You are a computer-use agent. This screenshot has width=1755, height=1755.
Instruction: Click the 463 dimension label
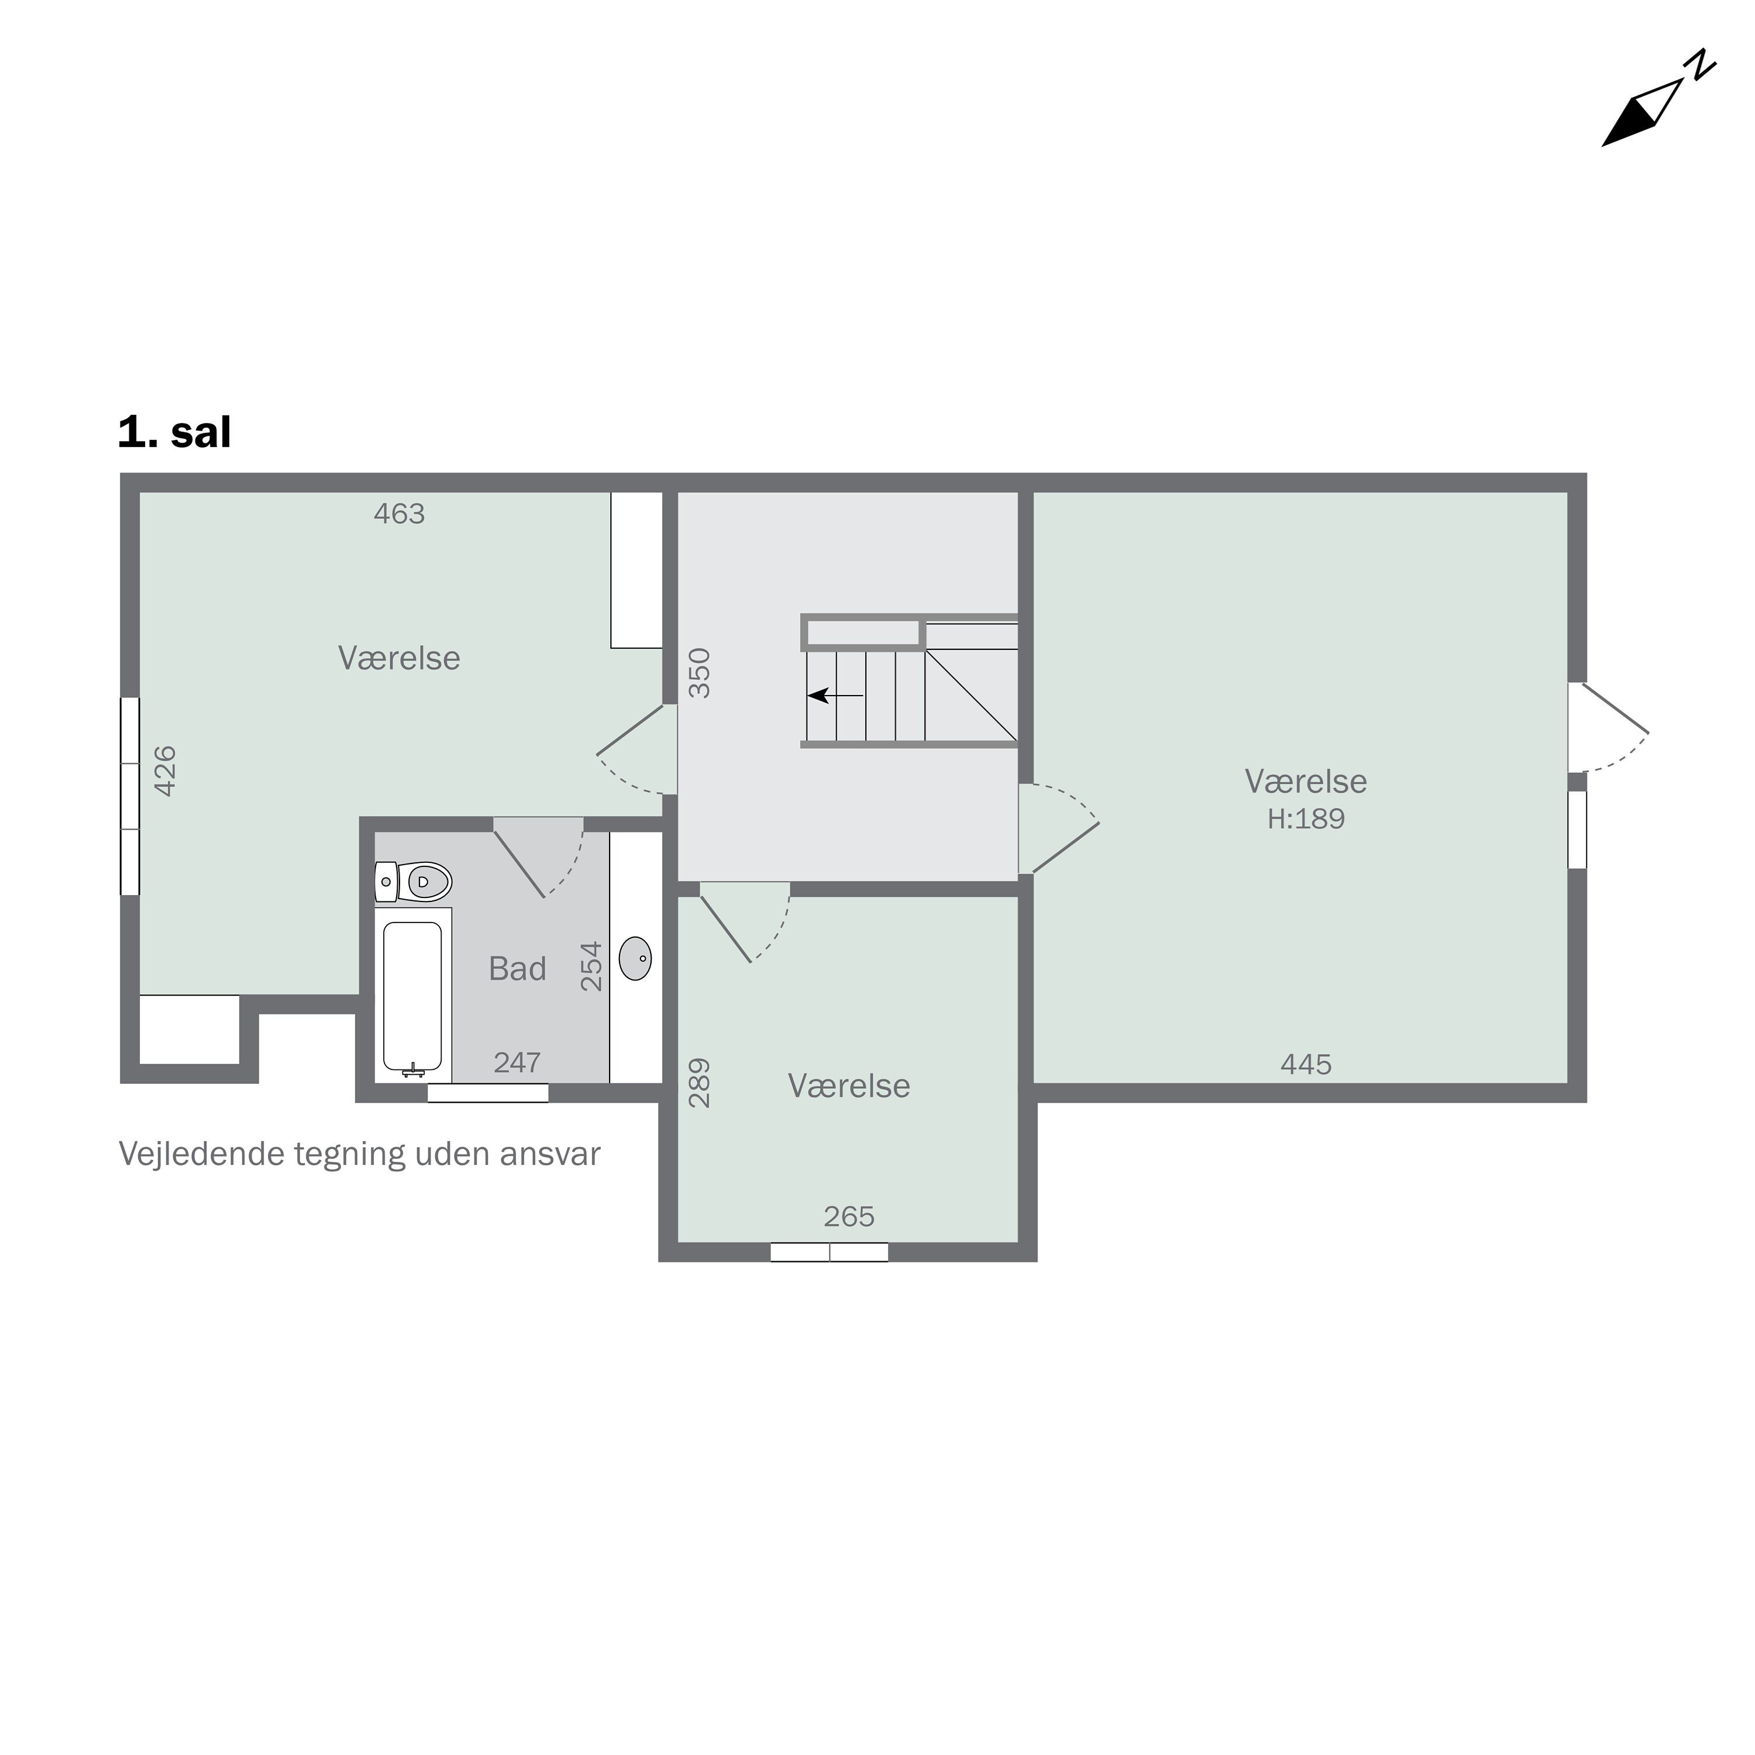(x=400, y=514)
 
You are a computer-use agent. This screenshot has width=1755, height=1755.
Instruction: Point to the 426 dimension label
(x=164, y=771)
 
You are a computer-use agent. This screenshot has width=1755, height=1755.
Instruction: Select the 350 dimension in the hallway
(x=700, y=673)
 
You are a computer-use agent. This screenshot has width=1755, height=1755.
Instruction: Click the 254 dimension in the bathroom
(x=591, y=966)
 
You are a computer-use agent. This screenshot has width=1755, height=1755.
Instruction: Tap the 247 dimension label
(x=517, y=1063)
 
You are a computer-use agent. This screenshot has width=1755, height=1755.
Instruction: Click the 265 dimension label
(x=849, y=1216)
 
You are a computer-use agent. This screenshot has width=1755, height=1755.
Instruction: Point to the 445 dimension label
(x=1306, y=1065)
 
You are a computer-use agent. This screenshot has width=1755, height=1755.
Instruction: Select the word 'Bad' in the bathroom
(x=518, y=969)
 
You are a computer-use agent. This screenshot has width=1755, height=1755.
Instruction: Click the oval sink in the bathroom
(x=636, y=958)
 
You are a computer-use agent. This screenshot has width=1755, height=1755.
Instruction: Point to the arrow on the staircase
(x=836, y=696)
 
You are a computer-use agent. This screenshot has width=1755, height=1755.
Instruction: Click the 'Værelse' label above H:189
(x=1306, y=781)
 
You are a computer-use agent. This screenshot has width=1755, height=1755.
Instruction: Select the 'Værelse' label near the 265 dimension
(x=849, y=1086)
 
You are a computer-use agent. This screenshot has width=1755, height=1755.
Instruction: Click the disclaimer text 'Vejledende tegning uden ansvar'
(x=360, y=1155)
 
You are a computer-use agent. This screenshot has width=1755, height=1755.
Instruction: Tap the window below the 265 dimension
(x=830, y=1252)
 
